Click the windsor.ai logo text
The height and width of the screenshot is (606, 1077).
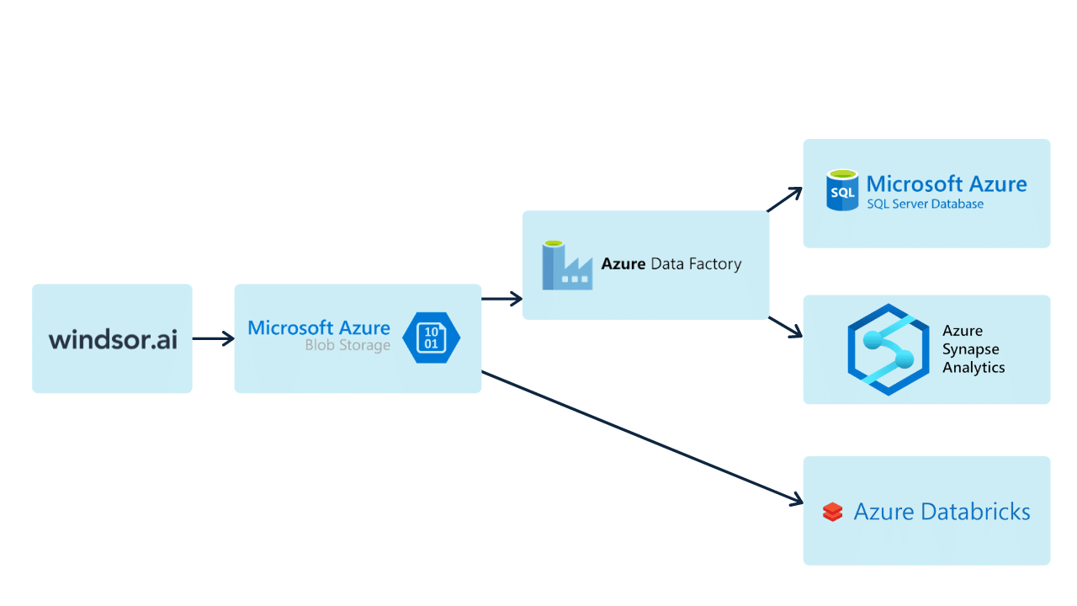(113, 339)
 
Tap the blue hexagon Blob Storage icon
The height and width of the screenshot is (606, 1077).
(431, 338)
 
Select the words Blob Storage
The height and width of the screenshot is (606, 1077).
(348, 346)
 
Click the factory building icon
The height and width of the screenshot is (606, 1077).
(566, 266)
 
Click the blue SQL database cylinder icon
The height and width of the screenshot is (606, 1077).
(842, 191)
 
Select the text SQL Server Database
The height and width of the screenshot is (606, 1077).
(925, 204)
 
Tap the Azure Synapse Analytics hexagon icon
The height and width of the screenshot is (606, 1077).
(888, 349)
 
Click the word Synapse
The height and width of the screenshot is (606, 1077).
(970, 349)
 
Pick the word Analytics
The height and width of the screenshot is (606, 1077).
(974, 368)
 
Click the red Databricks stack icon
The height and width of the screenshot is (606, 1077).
(832, 512)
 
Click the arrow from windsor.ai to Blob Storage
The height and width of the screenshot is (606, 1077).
(213, 338)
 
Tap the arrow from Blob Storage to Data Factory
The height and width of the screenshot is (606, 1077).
(501, 298)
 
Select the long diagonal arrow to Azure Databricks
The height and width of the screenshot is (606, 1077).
(639, 438)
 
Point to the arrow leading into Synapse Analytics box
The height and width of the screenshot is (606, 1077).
(786, 328)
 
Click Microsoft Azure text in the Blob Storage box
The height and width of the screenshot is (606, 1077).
(318, 327)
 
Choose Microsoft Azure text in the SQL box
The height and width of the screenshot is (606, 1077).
(946, 183)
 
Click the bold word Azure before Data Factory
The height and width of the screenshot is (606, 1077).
(623, 264)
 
